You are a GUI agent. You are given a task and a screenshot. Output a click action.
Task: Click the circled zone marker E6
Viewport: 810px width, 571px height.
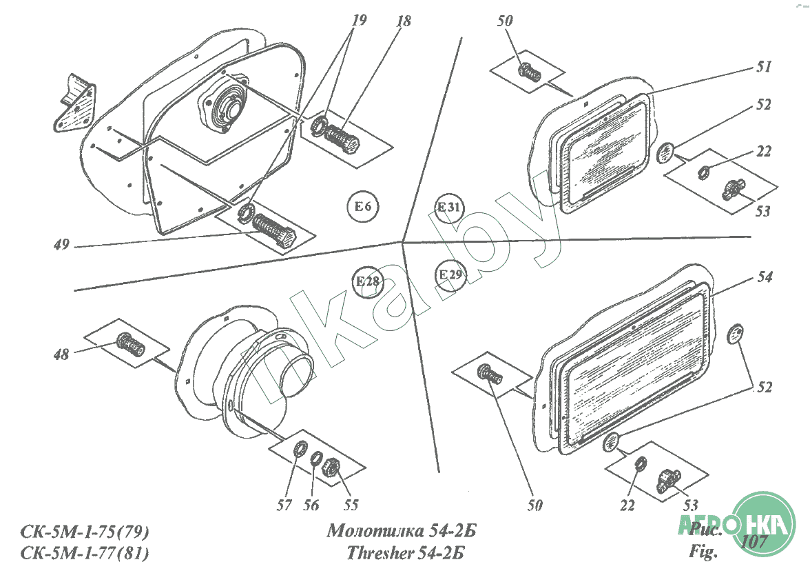click(x=362, y=206)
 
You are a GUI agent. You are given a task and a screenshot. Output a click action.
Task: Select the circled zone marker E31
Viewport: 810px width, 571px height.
click(x=449, y=208)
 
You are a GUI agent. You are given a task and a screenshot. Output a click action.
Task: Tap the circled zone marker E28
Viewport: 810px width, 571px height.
click(x=368, y=282)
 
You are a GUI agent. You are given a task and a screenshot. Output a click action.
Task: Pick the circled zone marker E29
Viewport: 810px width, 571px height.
click(x=450, y=274)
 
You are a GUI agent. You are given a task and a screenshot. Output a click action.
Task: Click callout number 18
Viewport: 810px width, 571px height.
click(x=404, y=21)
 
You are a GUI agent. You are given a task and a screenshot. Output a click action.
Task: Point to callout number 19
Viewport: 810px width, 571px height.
click(x=358, y=20)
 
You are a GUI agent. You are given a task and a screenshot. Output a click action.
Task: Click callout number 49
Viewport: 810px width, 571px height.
click(x=61, y=244)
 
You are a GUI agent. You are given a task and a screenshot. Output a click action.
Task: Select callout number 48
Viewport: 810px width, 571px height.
click(x=61, y=354)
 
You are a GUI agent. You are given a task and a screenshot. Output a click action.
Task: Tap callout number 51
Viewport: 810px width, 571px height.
click(x=763, y=66)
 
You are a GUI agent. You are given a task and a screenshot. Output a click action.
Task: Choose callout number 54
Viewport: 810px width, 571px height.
click(x=765, y=277)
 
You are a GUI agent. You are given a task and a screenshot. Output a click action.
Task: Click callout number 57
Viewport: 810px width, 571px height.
click(x=284, y=505)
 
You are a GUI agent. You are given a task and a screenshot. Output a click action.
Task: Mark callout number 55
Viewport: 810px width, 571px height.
click(x=351, y=505)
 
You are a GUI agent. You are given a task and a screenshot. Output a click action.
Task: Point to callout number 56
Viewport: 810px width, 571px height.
click(x=311, y=505)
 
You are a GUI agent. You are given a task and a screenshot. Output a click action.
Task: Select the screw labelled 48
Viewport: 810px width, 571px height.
click(x=130, y=345)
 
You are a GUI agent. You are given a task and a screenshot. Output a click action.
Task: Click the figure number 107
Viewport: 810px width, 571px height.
click(x=754, y=541)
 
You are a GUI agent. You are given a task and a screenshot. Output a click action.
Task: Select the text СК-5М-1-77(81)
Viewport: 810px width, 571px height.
click(x=85, y=553)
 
